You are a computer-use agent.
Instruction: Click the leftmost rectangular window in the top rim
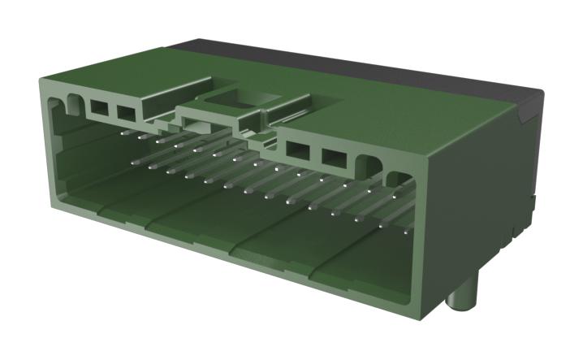pyautogui.click(x=100, y=106)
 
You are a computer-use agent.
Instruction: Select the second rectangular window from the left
pyautogui.click(x=125, y=111)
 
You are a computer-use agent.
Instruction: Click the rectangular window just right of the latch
pyautogui.click(x=297, y=150)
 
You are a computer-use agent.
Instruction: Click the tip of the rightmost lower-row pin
pyautogui.click(x=408, y=232)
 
